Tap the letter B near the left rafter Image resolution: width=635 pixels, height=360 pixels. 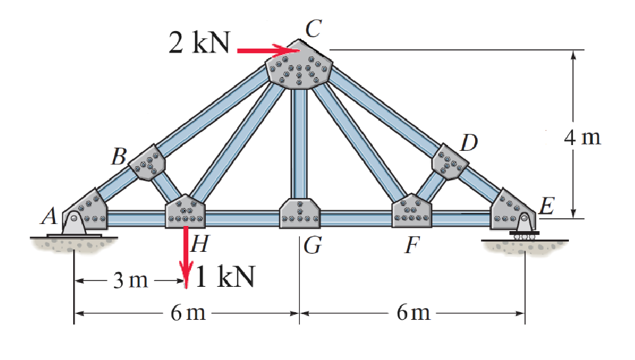click(118, 157)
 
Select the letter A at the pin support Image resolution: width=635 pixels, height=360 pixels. click(48, 218)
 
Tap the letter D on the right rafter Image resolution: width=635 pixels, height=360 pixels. click(468, 143)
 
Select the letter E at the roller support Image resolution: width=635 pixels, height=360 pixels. click(547, 208)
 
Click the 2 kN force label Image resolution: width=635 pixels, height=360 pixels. click(199, 43)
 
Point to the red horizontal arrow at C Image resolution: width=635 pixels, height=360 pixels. click(265, 49)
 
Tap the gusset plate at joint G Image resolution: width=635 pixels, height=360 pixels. click(300, 212)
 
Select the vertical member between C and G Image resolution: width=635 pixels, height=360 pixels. click(299, 142)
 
